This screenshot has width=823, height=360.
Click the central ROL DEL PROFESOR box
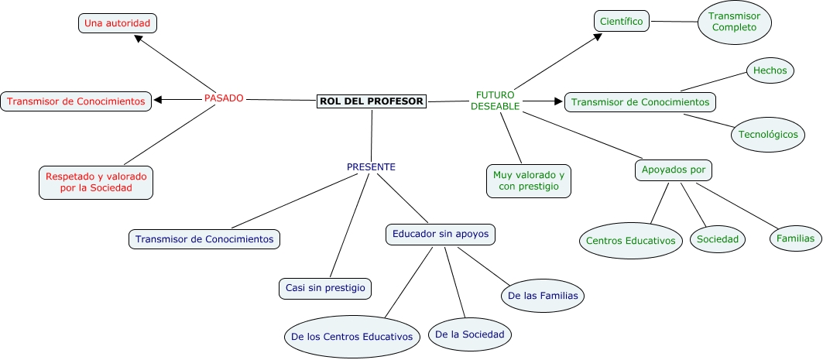pyautogui.click(x=372, y=101)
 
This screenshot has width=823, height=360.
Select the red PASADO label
pyautogui.click(x=224, y=98)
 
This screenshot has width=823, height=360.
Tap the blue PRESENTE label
pyautogui.click(x=371, y=166)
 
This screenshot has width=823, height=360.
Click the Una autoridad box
pyautogui.click(x=118, y=24)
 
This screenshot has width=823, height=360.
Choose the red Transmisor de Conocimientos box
pyautogui.click(x=76, y=101)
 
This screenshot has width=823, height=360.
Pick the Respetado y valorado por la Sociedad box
pyautogui.click(x=96, y=182)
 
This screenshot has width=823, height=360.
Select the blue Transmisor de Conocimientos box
pyautogui.click(x=204, y=239)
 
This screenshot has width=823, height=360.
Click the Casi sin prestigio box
pyautogui.click(x=324, y=288)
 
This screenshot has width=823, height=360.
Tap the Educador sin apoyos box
pyautogui.click(x=440, y=233)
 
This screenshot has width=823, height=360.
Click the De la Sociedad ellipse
pyautogui.click(x=470, y=334)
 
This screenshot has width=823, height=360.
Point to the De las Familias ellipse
pyautogui.click(x=542, y=295)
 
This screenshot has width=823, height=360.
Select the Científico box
pyautogui.click(x=622, y=21)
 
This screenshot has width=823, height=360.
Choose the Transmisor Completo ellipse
pyautogui.click(x=735, y=22)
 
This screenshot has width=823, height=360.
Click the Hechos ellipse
pyautogui.click(x=770, y=70)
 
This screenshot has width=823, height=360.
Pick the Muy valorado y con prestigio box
pyautogui.click(x=529, y=181)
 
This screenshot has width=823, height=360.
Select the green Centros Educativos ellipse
pyautogui.click(x=630, y=241)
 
